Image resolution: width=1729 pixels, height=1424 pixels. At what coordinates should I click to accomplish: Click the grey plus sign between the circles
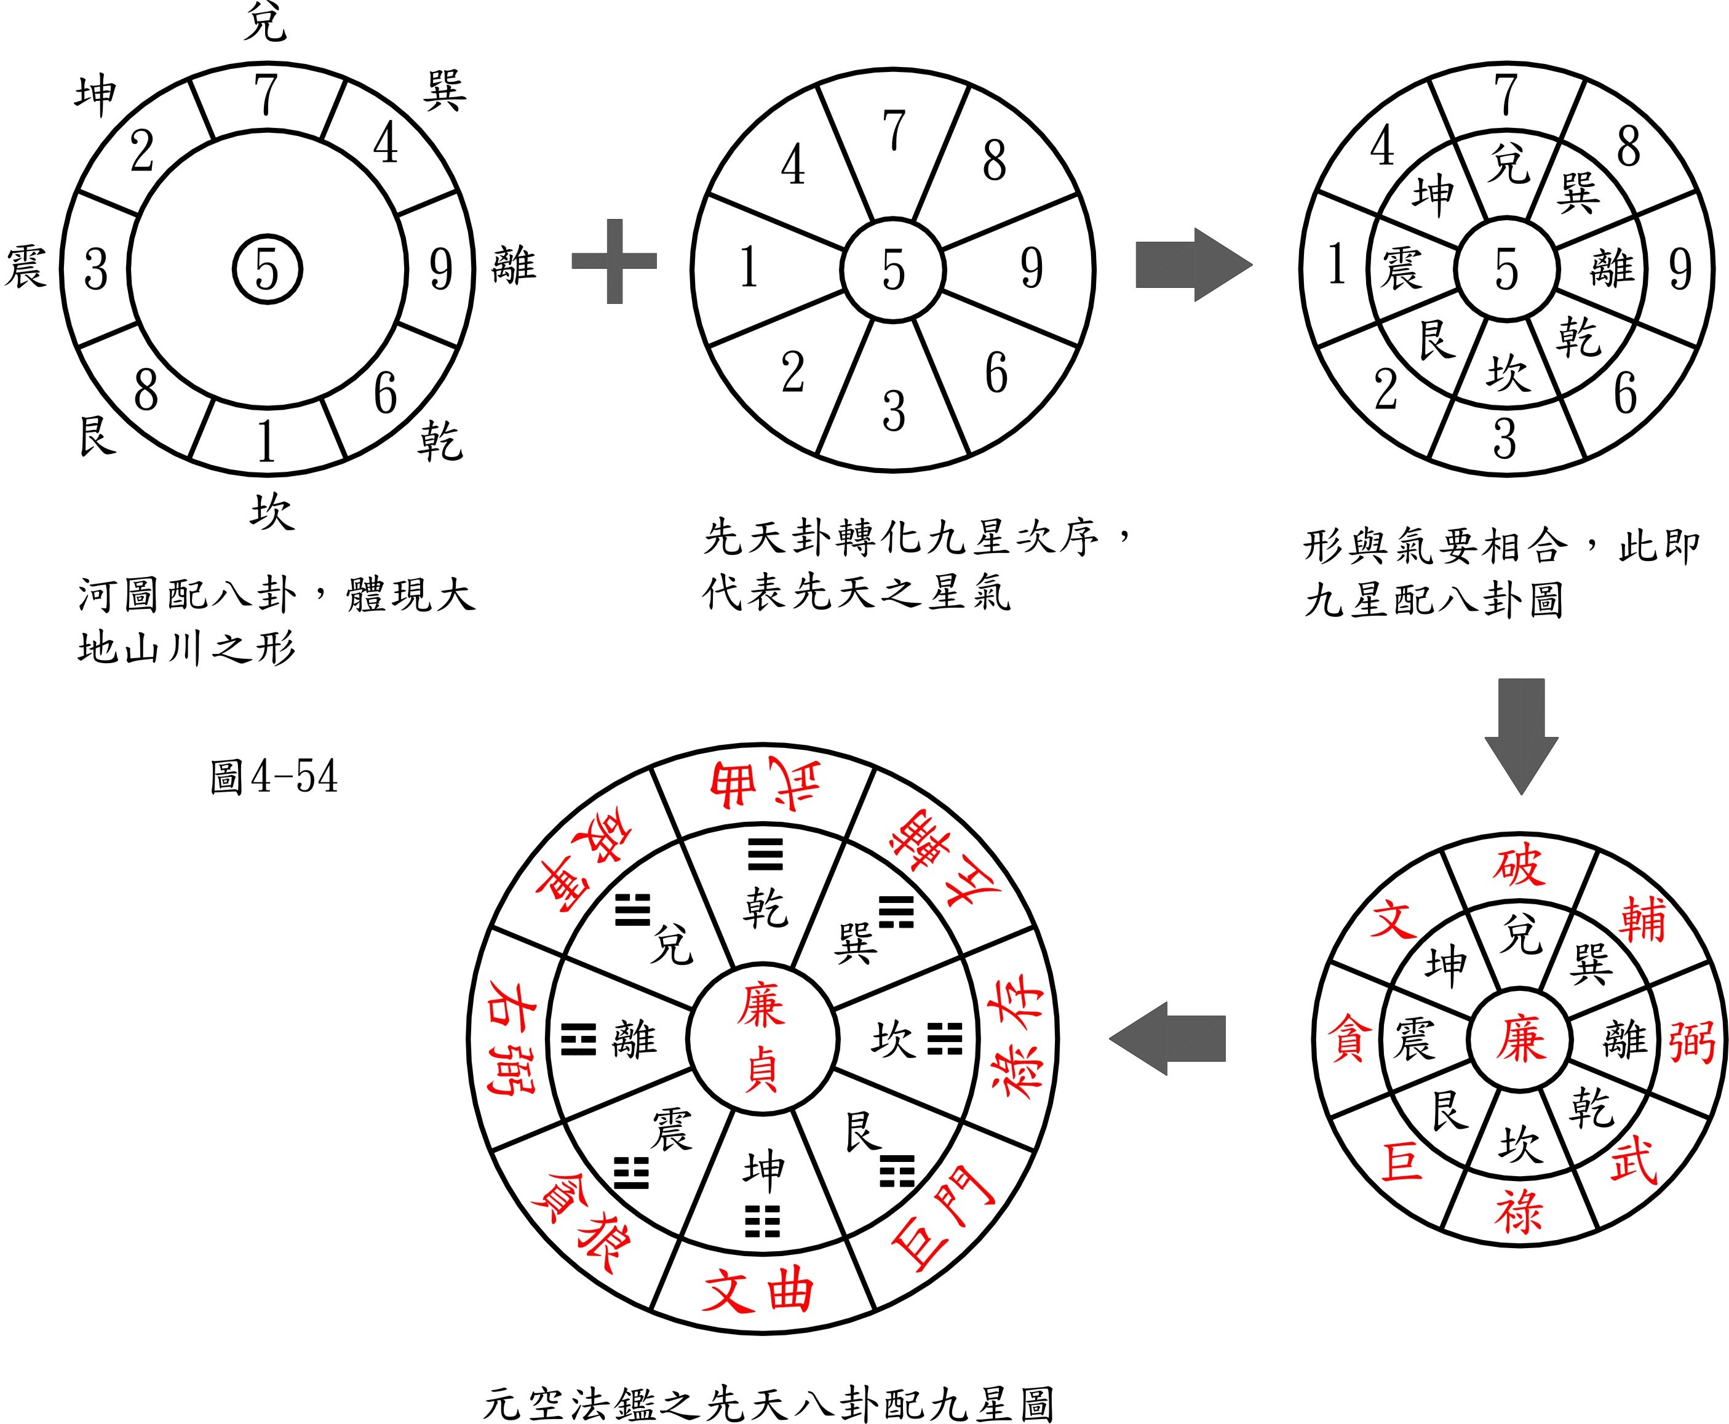pos(614,261)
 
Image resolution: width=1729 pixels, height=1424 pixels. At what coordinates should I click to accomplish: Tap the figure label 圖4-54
pos(273,776)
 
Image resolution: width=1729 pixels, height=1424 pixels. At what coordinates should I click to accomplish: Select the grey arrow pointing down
pos(1522,736)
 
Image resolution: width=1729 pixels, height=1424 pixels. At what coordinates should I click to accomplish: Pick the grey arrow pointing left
pos(1167,1038)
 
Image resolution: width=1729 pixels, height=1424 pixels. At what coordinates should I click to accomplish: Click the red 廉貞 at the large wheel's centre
pos(761,1038)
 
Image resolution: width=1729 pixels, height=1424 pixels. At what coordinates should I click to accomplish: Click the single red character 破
pos(1519,867)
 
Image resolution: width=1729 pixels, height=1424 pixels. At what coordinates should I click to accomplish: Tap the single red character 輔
pos(1642,920)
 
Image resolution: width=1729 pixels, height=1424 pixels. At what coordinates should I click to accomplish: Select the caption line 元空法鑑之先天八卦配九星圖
pos(768,1404)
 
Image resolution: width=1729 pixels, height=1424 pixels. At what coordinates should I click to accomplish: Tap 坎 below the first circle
pos(271,512)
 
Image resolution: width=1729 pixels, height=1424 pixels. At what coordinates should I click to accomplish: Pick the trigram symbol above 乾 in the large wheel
pos(765,853)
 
